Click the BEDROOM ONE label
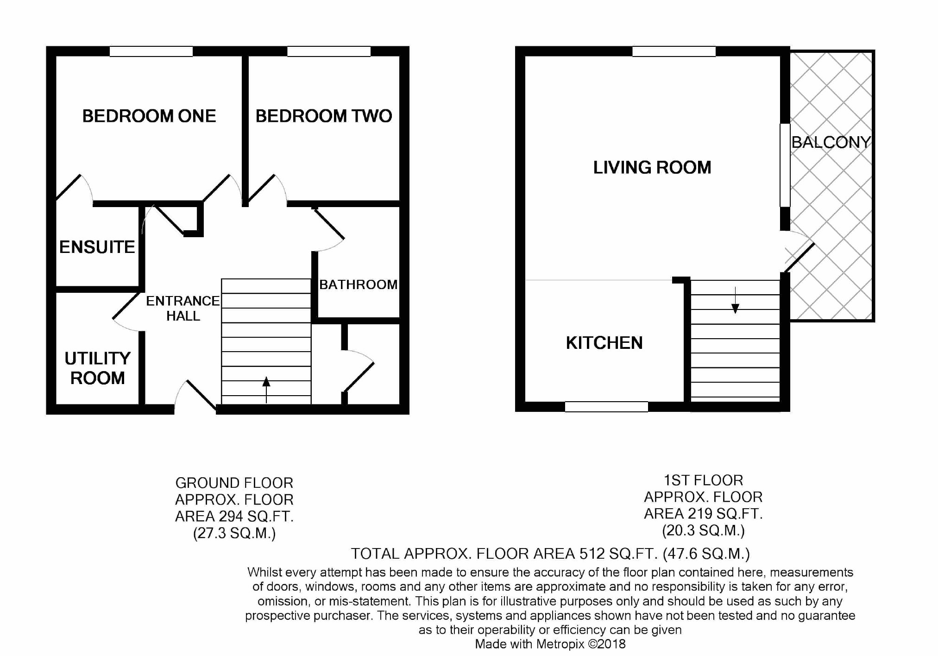149,116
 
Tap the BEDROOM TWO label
324,116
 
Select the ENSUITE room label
97,247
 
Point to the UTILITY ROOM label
97,368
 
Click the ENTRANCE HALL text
183,308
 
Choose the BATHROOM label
359,284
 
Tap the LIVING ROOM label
652,167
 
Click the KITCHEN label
604,343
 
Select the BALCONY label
831,142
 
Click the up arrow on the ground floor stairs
266,390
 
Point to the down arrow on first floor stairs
735,300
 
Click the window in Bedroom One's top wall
151,51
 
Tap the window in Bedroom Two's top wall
329,51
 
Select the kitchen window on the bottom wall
606,407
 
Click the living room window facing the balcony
785,165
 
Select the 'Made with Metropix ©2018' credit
550,644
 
